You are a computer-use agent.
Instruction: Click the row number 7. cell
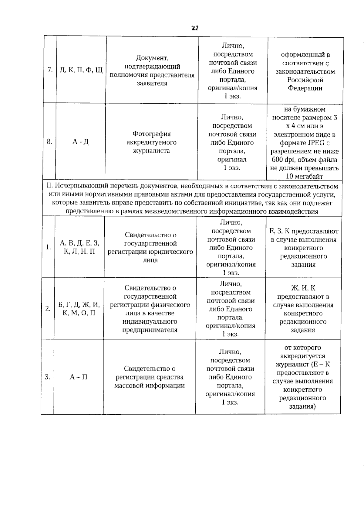coord(50,70)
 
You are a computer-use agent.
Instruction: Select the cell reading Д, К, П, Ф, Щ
coord(81,70)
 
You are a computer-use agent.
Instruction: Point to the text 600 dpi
coord(283,160)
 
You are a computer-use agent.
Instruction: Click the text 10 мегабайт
coord(304,176)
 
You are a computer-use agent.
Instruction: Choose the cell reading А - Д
coord(80,142)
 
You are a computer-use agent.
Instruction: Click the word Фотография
coord(151,134)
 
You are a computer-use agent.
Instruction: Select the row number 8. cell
coord(49,142)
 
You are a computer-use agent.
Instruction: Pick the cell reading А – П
coord(79,377)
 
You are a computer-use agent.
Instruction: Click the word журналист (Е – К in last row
coord(302,364)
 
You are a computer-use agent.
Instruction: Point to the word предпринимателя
coord(150,330)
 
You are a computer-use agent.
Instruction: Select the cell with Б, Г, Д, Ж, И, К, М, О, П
coord(79,309)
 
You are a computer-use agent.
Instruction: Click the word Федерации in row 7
coord(305,88)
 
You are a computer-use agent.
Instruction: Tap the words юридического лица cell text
coord(150,256)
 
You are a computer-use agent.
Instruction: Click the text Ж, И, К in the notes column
coord(303,288)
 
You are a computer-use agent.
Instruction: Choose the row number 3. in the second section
coord(48,377)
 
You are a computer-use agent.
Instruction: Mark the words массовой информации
coord(149,386)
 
